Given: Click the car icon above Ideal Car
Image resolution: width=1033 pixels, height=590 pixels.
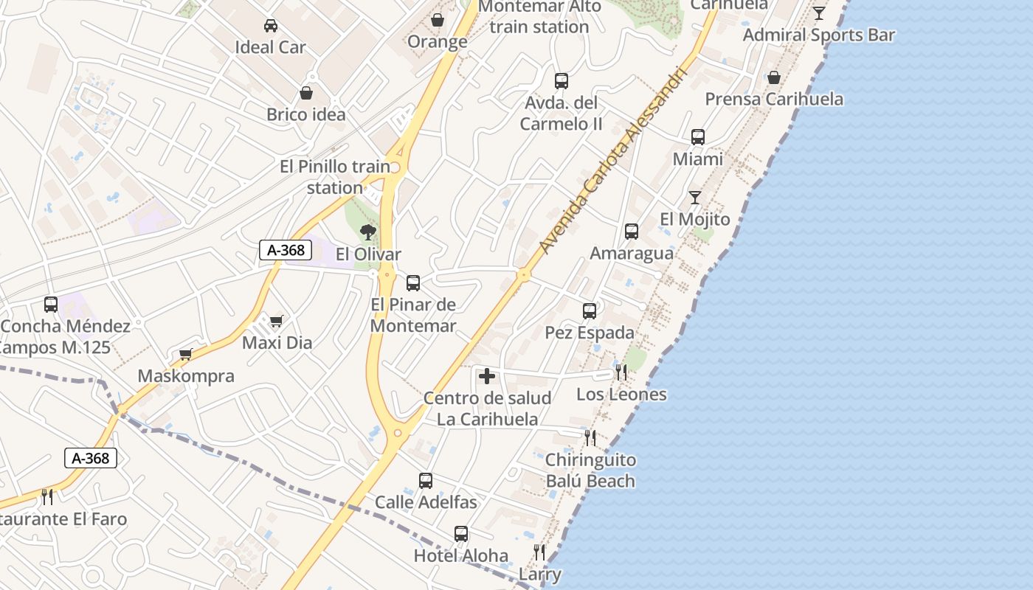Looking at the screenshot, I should [x=271, y=26].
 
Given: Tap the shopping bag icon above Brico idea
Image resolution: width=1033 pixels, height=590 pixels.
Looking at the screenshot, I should [x=306, y=94].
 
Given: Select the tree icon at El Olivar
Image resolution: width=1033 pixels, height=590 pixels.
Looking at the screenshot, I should [x=367, y=233].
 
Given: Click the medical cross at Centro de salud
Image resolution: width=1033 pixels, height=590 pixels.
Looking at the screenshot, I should [x=487, y=377].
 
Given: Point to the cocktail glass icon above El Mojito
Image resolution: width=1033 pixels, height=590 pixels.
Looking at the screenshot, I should [x=695, y=198].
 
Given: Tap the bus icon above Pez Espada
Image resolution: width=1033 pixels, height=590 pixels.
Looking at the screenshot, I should [x=590, y=311].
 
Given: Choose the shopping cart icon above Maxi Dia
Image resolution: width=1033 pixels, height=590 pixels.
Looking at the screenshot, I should [x=276, y=321].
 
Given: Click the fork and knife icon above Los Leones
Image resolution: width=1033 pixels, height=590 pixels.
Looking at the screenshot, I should [x=621, y=372].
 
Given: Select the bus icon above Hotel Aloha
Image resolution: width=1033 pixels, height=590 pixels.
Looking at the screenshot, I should [x=461, y=534].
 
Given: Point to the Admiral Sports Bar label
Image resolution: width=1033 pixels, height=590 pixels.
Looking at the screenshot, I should [x=819, y=35].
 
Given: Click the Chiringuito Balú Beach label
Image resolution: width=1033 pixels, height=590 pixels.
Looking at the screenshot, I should [x=590, y=471].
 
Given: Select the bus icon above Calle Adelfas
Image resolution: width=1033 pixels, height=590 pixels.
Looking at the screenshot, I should [x=426, y=481].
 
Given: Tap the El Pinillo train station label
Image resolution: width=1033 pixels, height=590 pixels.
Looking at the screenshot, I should [x=335, y=177].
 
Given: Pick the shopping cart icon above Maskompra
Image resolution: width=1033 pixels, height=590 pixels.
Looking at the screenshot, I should [x=186, y=355].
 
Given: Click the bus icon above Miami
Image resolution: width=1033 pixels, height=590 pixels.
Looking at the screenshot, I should [x=698, y=137].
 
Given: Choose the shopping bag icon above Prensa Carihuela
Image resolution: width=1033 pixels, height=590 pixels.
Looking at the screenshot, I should [x=774, y=77].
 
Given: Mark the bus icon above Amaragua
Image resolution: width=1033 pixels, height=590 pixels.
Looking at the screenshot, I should [x=632, y=232].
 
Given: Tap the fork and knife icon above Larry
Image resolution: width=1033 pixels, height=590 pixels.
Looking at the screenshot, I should [x=539, y=552].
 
